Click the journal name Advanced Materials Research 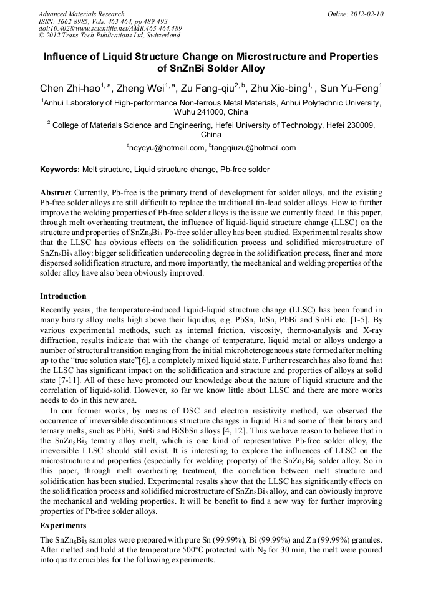point(81,14)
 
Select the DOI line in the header point(110,29)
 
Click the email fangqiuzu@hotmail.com point(255,148)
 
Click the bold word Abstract point(56,193)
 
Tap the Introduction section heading point(63,296)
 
